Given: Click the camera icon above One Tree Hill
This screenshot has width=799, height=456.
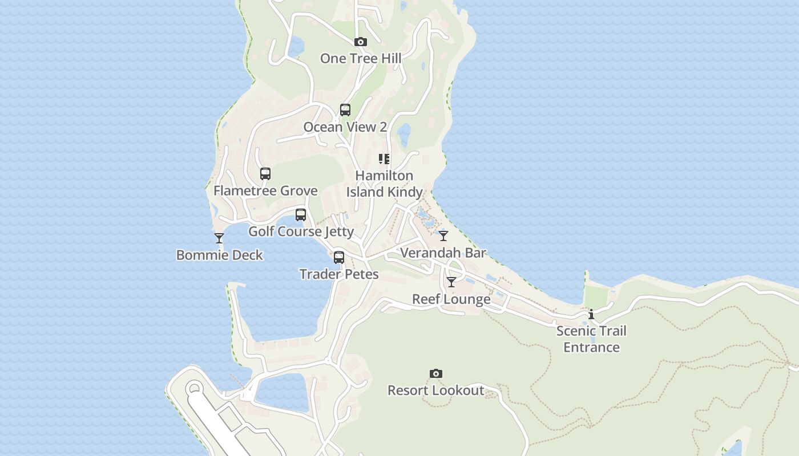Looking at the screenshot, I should pyautogui.click(x=360, y=42).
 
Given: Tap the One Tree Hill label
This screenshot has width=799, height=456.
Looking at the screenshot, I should pyautogui.click(x=360, y=59).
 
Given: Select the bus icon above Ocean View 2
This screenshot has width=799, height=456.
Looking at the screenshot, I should pyautogui.click(x=345, y=110).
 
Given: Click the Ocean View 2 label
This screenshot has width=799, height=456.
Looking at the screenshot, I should pyautogui.click(x=345, y=127).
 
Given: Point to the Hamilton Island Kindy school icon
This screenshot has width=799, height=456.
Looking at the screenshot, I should pyautogui.click(x=384, y=159).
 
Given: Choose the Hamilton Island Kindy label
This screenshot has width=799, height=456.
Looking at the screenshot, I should pyautogui.click(x=384, y=184).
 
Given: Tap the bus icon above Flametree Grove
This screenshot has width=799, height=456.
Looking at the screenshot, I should pyautogui.click(x=265, y=174).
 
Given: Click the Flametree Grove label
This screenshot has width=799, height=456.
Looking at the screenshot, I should pyautogui.click(x=265, y=191).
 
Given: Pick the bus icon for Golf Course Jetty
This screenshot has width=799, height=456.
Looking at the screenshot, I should pyautogui.click(x=301, y=215).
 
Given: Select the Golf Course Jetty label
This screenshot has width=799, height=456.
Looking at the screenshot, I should pyautogui.click(x=301, y=232).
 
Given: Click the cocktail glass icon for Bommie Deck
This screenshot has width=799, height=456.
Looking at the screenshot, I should pyautogui.click(x=219, y=238).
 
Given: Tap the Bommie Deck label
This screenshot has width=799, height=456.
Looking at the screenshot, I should pyautogui.click(x=219, y=255).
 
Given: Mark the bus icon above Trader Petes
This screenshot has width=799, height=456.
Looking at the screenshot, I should pyautogui.click(x=339, y=258).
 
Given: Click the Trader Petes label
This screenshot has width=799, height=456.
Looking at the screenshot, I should pyautogui.click(x=339, y=275).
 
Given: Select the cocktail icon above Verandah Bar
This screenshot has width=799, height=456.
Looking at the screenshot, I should pyautogui.click(x=443, y=236).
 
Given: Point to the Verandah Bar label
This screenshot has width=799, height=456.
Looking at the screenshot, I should pyautogui.click(x=443, y=253).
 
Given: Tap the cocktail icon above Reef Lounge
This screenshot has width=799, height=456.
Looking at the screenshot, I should pyautogui.click(x=451, y=282).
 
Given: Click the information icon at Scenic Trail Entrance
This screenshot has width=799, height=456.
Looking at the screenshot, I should pyautogui.click(x=591, y=314).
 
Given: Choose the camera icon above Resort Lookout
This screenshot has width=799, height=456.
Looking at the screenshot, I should pyautogui.click(x=436, y=374).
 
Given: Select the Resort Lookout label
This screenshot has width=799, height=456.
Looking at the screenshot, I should pyautogui.click(x=436, y=391).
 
